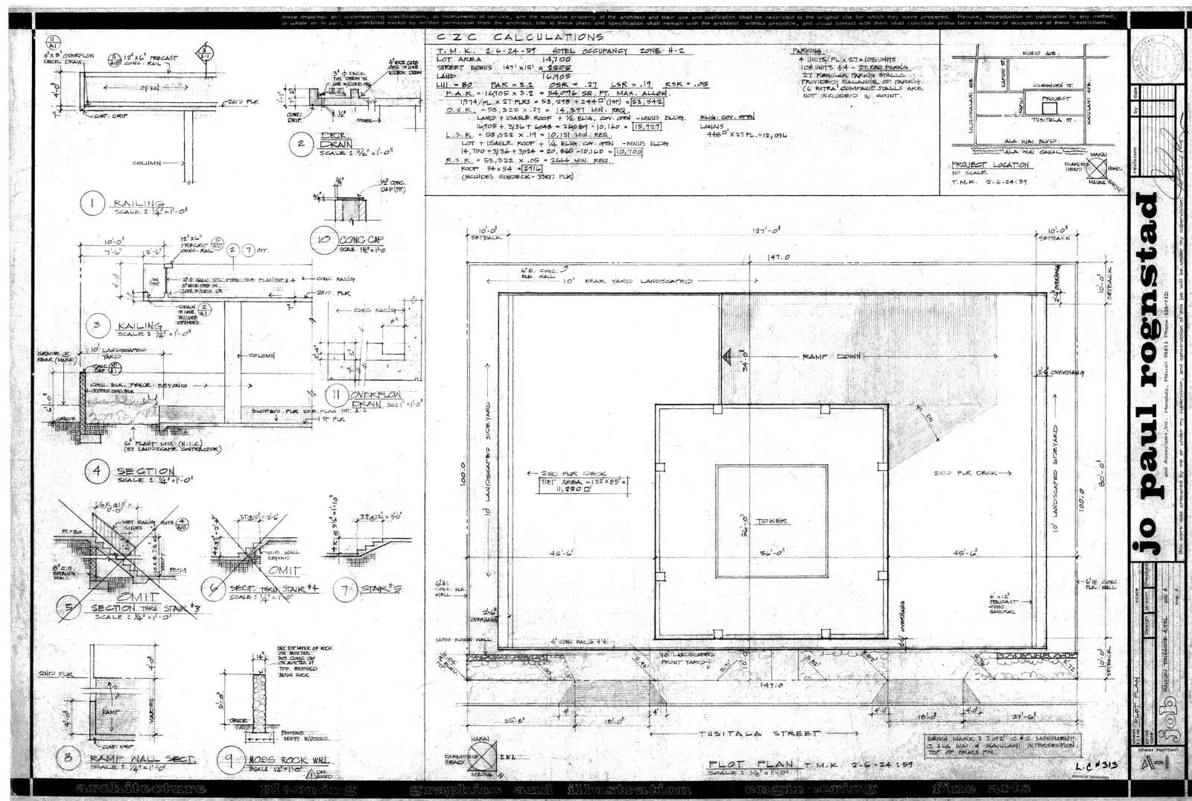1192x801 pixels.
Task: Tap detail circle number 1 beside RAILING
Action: [x=92, y=204]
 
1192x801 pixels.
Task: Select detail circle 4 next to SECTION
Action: [x=97, y=471]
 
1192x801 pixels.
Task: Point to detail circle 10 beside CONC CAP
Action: [x=323, y=240]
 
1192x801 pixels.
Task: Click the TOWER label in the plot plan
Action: [x=771, y=522]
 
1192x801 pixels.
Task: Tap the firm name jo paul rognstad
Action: [x=1147, y=373]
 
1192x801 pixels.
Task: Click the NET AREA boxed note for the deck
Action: [x=584, y=486]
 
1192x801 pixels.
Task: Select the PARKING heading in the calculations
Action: [x=807, y=51]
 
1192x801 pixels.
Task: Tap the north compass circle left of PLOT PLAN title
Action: [x=482, y=755]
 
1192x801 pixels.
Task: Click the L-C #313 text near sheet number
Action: [x=1097, y=765]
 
